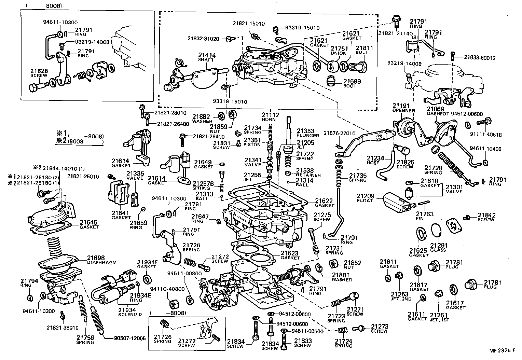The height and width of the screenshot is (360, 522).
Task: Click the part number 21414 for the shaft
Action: (x=206, y=55)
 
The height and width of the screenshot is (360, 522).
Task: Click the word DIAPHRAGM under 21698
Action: (x=101, y=263)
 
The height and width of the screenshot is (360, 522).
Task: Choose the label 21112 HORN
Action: (x=271, y=117)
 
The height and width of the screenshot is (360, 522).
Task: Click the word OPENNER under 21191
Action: (x=403, y=111)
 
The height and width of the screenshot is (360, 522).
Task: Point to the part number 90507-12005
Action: (x=129, y=338)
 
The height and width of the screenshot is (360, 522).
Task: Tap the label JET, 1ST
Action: (x=439, y=320)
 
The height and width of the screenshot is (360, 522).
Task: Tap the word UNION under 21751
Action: (x=339, y=53)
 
